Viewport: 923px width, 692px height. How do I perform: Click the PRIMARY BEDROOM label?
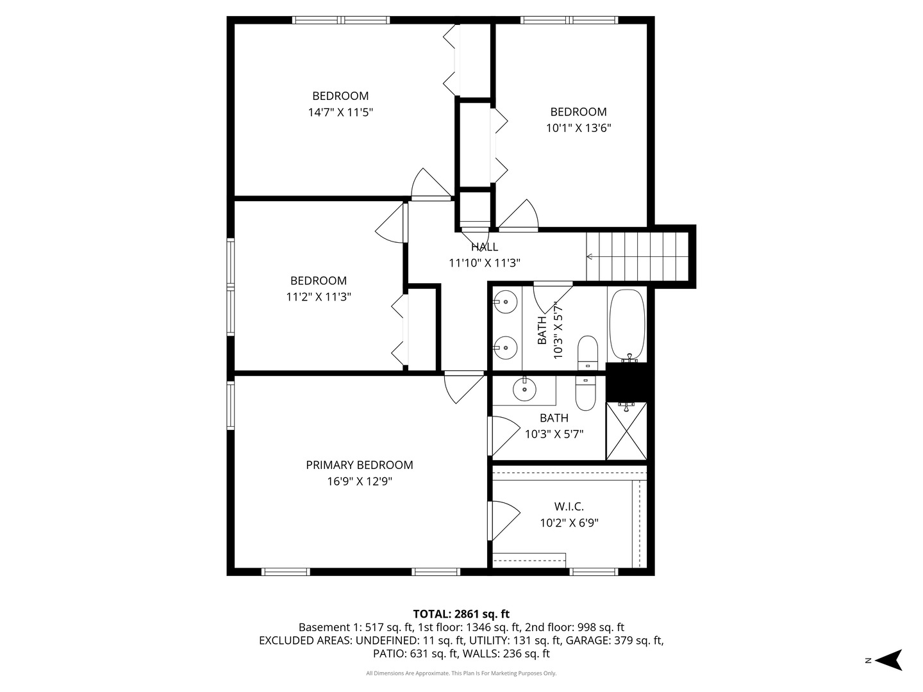359,465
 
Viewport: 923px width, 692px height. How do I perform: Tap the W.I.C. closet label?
569,506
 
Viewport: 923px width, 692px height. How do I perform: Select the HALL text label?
484,247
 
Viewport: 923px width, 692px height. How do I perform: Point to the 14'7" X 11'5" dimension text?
340,112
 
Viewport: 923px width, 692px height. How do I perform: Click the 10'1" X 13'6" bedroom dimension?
578,128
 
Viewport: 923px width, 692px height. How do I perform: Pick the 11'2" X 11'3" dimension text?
319,297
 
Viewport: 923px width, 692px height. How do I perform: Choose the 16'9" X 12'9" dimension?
359,481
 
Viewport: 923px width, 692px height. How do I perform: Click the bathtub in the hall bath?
627,325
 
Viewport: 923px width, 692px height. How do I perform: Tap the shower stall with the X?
626,431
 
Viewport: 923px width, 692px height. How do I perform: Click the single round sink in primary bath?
524,389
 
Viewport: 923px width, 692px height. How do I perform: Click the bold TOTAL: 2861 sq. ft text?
461,614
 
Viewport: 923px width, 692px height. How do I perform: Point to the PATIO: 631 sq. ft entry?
415,654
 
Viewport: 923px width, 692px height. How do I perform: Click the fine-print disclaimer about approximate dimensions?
461,673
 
